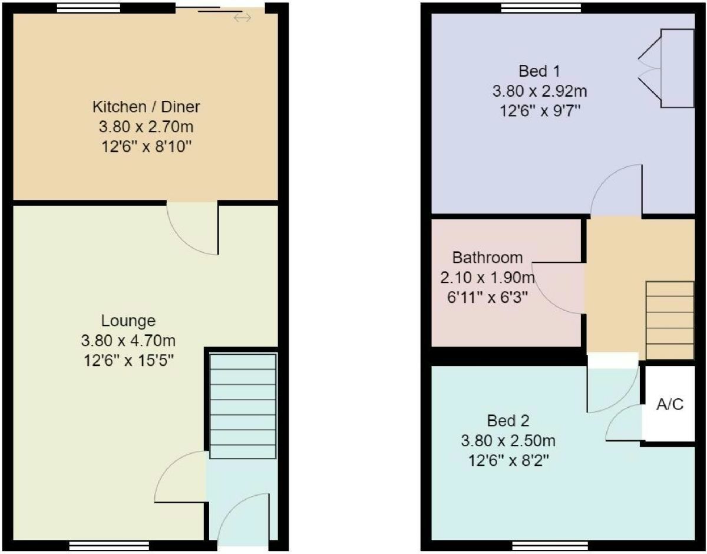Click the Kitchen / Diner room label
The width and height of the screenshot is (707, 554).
point(146,107)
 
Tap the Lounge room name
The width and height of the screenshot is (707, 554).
point(128,321)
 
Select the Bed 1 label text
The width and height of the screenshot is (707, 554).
point(539,72)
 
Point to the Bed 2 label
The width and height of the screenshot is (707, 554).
point(508,421)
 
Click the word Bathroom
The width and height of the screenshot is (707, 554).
point(487,258)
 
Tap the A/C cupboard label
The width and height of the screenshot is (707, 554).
point(670,406)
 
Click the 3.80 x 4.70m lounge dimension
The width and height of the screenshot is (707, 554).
point(128,341)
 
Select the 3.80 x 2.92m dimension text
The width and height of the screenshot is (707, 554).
point(539,91)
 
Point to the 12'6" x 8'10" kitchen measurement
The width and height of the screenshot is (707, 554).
point(146,146)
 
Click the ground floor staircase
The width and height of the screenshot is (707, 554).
point(243,406)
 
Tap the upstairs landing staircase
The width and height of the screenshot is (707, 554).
point(670,320)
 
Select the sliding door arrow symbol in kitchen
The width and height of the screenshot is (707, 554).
point(242,18)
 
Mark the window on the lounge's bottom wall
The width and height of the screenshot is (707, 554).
point(109,546)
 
